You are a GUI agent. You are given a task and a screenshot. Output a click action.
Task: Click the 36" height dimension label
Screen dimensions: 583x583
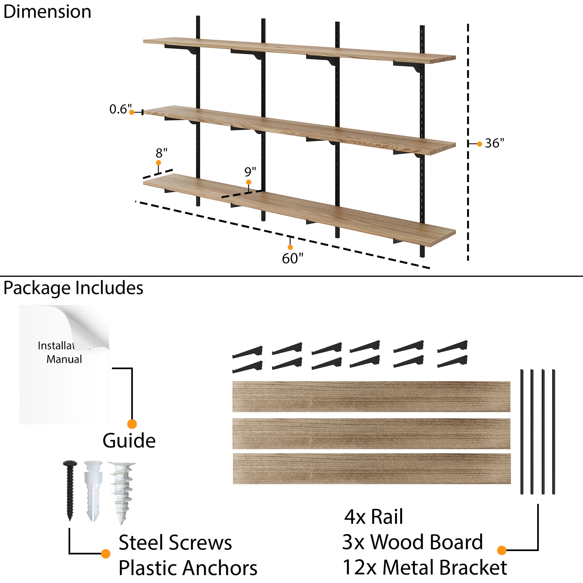click(x=494, y=143)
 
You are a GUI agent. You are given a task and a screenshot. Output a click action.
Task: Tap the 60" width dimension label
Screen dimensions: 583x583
click(x=292, y=258)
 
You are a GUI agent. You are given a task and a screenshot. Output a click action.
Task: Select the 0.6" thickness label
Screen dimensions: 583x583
click(x=120, y=109)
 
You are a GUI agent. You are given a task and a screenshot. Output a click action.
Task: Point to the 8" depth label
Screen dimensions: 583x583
click(x=161, y=153)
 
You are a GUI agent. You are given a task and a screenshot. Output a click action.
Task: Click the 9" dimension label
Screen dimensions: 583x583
click(x=250, y=172)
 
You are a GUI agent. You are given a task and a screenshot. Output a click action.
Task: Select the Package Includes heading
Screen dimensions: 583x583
click(x=73, y=288)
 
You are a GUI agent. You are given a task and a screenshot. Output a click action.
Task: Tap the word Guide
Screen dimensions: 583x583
click(x=129, y=441)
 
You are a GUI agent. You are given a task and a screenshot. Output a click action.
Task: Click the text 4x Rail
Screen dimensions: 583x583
click(x=373, y=517)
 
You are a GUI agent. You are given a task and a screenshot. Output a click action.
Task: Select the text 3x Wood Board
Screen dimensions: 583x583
click(x=412, y=542)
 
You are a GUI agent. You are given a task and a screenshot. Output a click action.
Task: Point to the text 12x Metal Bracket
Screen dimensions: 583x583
click(x=425, y=568)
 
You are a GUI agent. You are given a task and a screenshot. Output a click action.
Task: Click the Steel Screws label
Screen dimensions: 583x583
click(x=175, y=542)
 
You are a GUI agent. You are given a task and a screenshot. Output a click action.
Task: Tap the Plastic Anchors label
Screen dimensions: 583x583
click(x=188, y=568)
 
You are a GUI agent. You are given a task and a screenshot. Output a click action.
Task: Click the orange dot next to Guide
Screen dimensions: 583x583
click(x=132, y=424)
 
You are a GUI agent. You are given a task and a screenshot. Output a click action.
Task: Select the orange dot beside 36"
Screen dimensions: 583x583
click(x=480, y=144)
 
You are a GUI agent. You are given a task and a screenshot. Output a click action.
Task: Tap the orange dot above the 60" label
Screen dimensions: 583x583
click(x=290, y=247)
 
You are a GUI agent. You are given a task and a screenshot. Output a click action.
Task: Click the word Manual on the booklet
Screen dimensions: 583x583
click(x=64, y=359)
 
